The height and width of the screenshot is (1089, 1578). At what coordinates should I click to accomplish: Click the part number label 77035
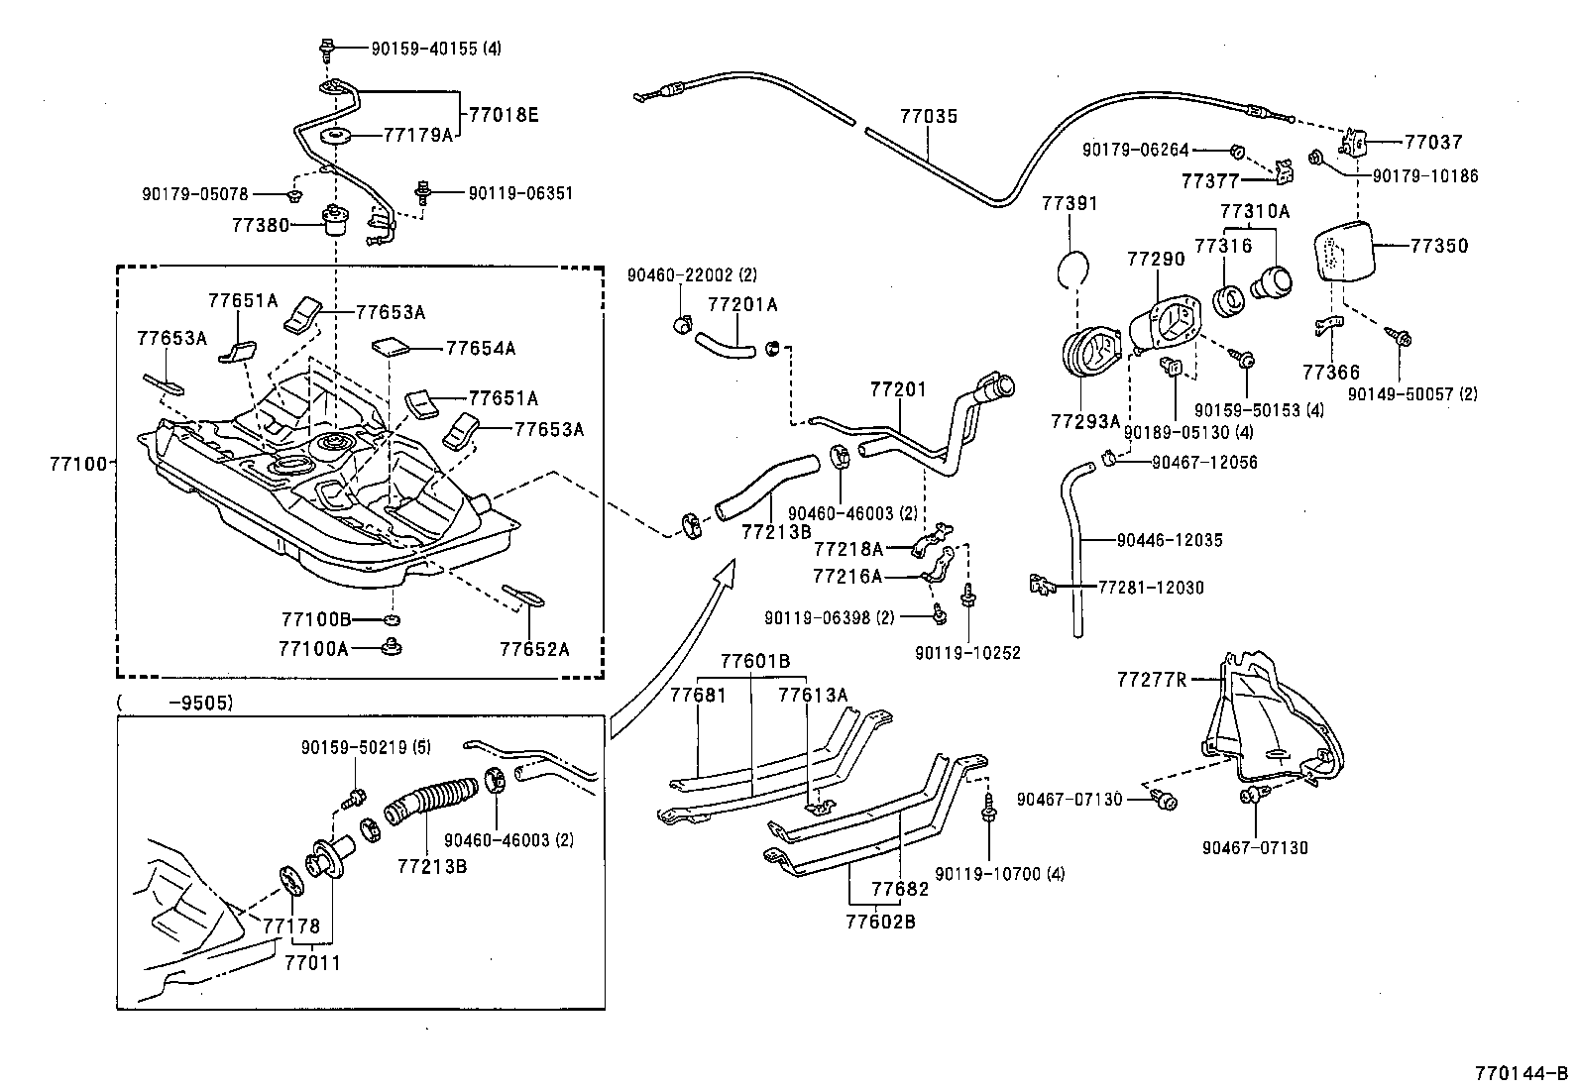tap(929, 116)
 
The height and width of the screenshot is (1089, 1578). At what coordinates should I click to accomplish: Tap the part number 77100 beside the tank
tap(77, 462)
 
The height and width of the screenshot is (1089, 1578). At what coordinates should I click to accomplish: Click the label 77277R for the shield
tap(1152, 680)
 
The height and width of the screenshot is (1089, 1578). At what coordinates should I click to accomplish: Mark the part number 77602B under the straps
tap(880, 922)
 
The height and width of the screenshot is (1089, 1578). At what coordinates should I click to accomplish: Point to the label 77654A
tap(481, 348)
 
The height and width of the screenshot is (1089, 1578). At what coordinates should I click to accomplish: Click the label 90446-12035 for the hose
tap(1169, 540)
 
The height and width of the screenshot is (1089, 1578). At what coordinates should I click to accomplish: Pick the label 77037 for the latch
tap(1433, 142)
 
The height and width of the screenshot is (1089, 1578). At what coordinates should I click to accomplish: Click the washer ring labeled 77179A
tap(335, 135)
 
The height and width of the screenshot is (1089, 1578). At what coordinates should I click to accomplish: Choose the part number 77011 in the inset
tap(312, 962)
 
